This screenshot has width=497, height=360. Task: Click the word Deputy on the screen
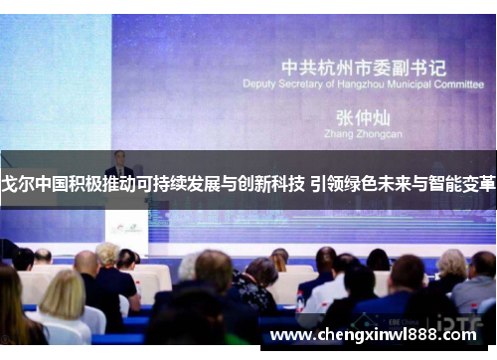point(258,85)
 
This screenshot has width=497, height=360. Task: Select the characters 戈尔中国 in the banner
point(33,185)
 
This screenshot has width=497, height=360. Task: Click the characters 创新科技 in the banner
point(271,185)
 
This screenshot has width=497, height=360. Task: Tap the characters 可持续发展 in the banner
point(185,185)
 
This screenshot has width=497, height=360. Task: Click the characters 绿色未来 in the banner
point(374,185)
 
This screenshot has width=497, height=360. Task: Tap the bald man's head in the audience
point(86,263)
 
